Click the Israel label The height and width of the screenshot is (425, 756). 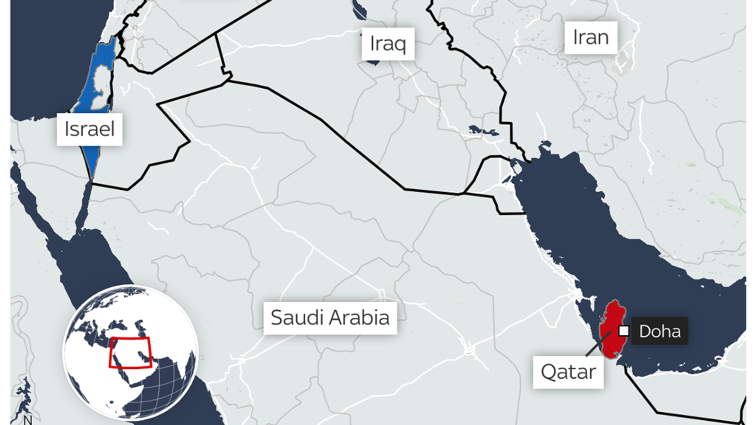point(89,129)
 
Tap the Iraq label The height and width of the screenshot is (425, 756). point(388,43)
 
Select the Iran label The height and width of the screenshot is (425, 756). point(590,37)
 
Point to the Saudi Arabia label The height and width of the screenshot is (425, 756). point(330,318)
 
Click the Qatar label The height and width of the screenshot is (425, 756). point(568,372)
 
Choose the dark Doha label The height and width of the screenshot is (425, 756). point(660,331)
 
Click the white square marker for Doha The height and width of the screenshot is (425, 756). point(624,331)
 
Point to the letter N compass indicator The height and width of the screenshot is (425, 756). point(27,419)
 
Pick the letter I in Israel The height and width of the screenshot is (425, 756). point(67,129)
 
